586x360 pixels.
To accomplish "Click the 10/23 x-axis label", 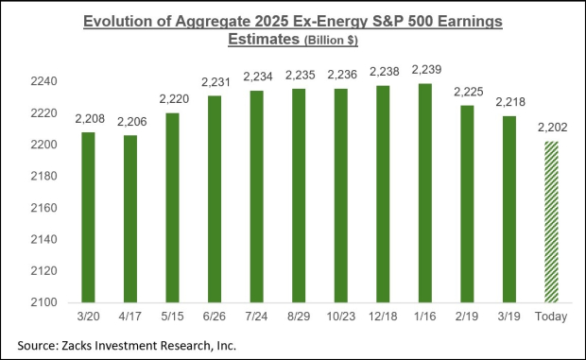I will click(343, 318).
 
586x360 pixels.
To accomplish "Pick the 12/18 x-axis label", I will click(385, 318).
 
